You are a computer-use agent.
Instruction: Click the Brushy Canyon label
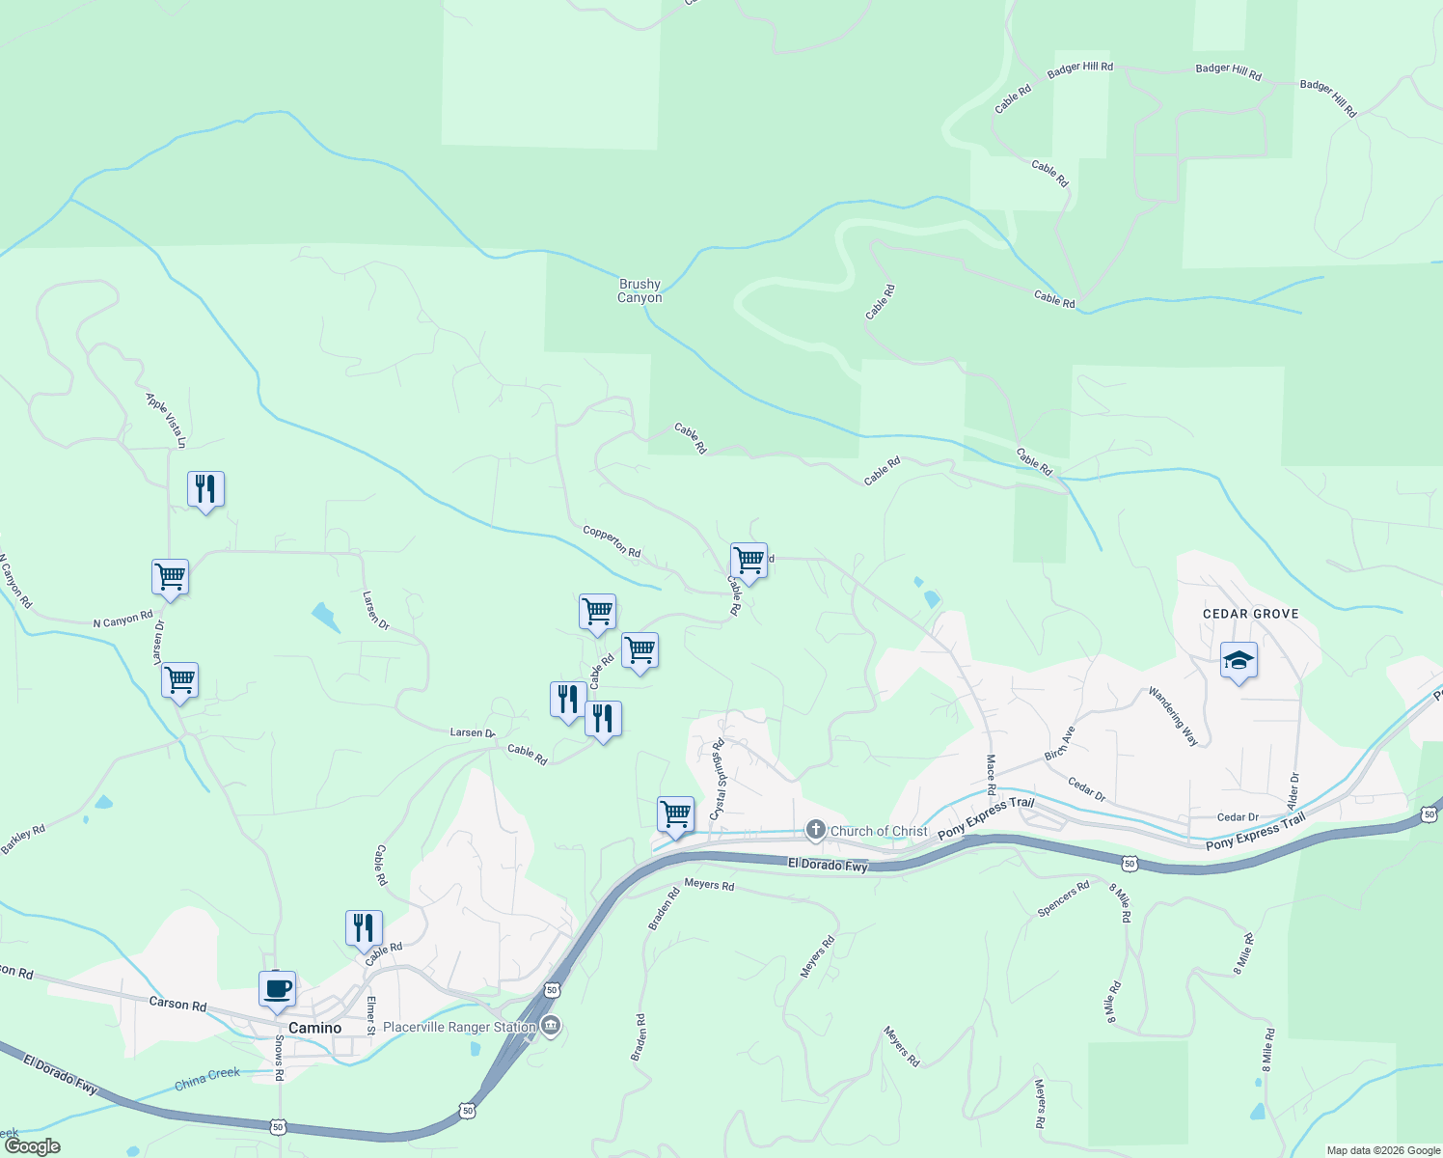coord(640,290)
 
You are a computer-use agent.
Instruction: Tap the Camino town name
coord(315,1028)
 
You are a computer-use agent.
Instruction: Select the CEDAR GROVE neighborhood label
coord(1250,614)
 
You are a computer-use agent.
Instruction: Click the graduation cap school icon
coord(1239,661)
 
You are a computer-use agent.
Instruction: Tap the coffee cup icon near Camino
coord(277,989)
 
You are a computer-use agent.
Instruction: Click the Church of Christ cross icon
coord(816,830)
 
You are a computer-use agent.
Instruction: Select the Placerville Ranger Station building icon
coord(551,1026)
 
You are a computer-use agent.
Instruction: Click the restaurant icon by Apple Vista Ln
coord(205,489)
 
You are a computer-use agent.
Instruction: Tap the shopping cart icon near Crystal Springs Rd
coord(675,814)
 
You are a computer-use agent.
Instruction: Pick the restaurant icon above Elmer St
coord(364,928)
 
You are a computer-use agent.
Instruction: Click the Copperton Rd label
coord(612,541)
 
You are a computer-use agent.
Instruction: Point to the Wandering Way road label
coord(1173,716)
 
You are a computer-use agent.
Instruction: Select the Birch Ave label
coord(1060,743)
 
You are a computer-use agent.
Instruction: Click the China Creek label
coord(207,1079)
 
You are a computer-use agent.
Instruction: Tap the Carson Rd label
coord(177,1005)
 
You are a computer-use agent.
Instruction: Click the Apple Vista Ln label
coord(165,420)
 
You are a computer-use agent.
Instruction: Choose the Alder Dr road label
coord(1294,790)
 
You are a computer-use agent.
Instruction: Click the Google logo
coord(32,1146)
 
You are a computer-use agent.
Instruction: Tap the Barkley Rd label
coord(23,839)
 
